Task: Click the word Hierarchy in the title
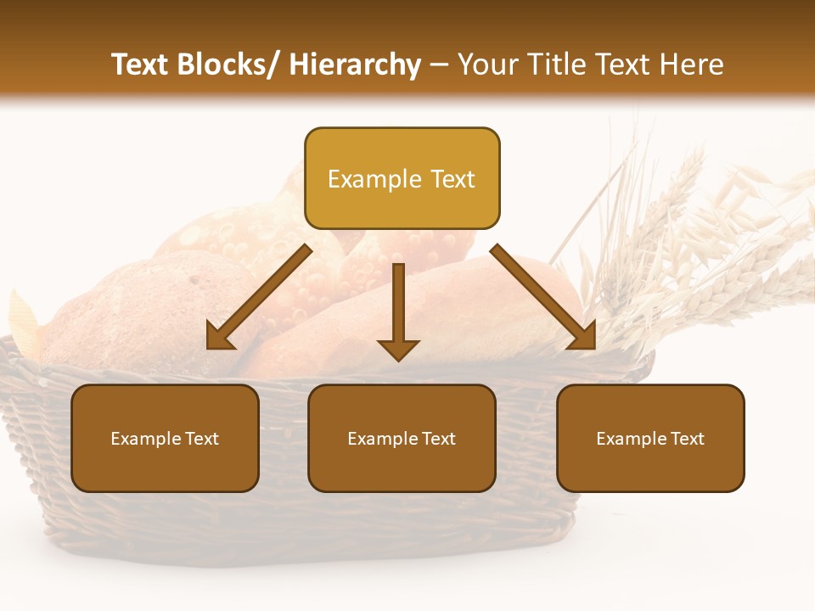355,64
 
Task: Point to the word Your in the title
489,64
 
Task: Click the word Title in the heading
556,64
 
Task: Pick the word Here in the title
693,64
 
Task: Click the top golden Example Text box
402,179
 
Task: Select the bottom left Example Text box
165,438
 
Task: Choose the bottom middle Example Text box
402,438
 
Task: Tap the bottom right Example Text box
650,438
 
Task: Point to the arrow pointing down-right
543,296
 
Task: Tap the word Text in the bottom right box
686,438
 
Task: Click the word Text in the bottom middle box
437,438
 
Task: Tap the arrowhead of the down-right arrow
582,334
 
